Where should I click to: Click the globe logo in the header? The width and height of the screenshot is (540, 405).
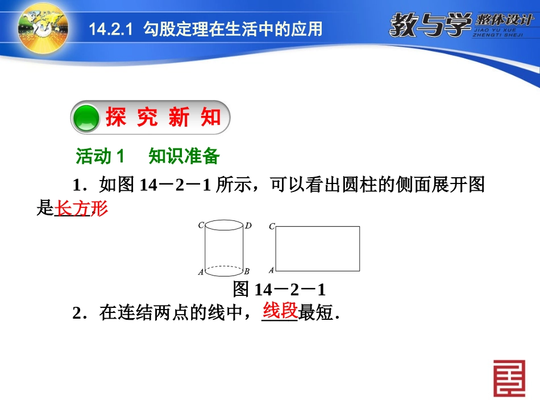tap(43, 27)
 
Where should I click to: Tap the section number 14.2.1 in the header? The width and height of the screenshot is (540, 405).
tap(110, 29)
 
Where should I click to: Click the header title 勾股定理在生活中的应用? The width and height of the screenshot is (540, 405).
tap(232, 29)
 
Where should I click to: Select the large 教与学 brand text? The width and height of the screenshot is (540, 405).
tap(430, 24)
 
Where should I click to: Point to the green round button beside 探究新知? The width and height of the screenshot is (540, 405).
tap(87, 118)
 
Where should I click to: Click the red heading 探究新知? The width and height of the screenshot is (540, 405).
tap(163, 118)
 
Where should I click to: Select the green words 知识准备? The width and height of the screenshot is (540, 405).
tap(184, 156)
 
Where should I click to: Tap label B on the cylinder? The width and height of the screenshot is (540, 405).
tap(247, 272)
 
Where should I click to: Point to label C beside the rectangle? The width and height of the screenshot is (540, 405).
tap(272, 227)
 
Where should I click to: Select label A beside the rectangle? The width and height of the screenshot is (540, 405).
tap(271, 270)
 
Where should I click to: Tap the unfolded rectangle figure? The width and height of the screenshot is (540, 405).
tap(317, 249)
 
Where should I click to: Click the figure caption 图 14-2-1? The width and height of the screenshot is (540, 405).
tap(279, 290)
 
